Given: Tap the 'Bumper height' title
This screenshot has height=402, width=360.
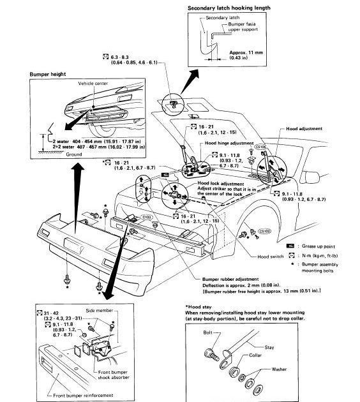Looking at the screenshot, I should coord(49,74).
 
